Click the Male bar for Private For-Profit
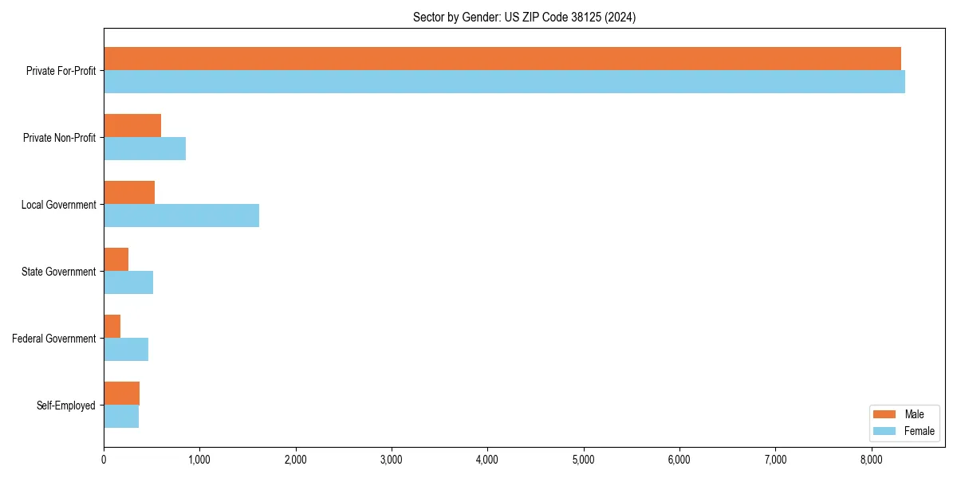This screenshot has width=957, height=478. tap(502, 59)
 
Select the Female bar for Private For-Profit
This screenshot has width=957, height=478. tap(504, 81)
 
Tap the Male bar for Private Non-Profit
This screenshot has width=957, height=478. tap(132, 126)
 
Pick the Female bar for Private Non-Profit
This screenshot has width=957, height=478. tap(144, 148)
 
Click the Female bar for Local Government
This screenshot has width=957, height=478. tap(181, 215)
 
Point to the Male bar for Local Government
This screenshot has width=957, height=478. tap(129, 193)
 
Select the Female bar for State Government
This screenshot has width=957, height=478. tap(128, 282)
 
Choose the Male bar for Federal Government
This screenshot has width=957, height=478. tap(112, 327)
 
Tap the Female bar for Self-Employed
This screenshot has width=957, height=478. tap(121, 416)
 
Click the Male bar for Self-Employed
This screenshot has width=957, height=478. tap(122, 394)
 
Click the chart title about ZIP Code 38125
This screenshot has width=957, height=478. tap(524, 17)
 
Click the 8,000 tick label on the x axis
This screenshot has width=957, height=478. tap(872, 459)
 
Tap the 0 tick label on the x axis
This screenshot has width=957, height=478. tap(104, 459)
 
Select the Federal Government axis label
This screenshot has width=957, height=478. tap(54, 339)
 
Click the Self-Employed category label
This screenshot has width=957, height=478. tap(66, 406)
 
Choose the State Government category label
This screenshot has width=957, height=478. tap(59, 272)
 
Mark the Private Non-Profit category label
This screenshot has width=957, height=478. tap(60, 138)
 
